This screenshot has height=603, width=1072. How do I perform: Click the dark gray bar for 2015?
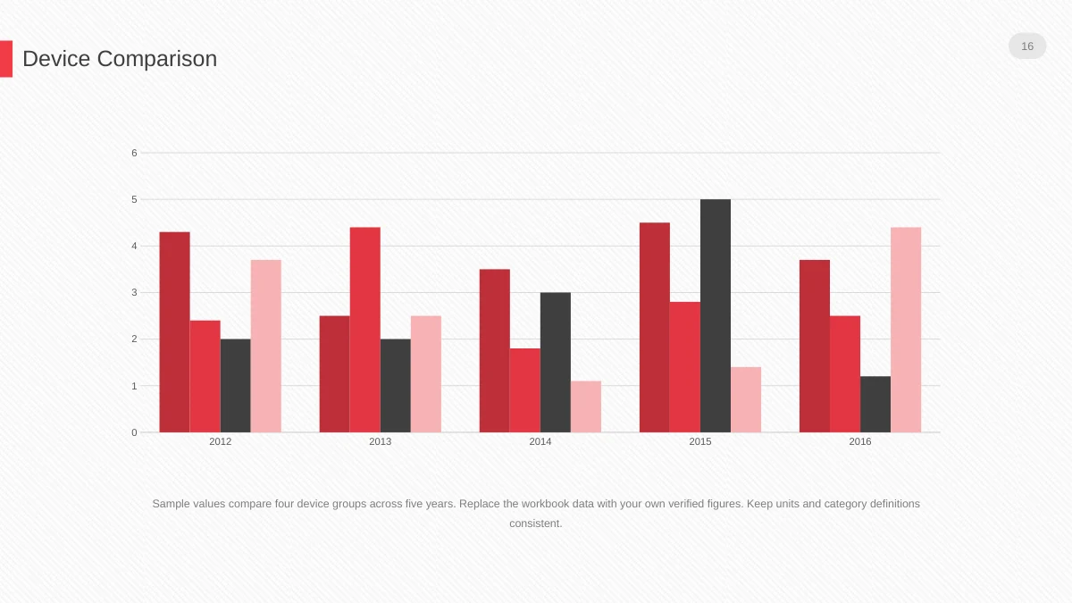pos(716,316)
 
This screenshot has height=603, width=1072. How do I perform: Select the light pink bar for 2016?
pos(906,330)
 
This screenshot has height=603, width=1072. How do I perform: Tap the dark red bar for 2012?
pos(175,332)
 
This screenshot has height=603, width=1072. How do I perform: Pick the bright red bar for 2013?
pos(365,330)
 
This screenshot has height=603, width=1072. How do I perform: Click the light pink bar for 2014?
pos(586,406)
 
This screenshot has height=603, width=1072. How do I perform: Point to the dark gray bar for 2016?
pos(875,405)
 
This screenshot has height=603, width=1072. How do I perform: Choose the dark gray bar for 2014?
pos(556,363)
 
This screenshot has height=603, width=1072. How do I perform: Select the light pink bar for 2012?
pos(266,346)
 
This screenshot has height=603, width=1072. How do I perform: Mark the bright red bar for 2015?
pos(685,367)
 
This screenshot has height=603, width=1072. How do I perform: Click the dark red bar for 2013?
pos(334,374)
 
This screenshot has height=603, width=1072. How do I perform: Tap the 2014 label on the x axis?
pos(540,441)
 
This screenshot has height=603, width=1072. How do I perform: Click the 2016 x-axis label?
pos(860,441)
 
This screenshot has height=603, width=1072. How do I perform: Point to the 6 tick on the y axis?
pos(135,153)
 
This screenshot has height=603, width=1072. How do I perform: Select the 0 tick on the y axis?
pos(135,432)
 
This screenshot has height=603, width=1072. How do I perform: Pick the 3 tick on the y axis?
pos(135,292)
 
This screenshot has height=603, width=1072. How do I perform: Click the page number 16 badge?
pos(1027,46)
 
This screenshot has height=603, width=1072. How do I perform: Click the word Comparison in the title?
pos(157,59)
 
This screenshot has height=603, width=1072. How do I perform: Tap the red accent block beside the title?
pos(6,59)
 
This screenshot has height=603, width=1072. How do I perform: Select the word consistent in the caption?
pos(534,523)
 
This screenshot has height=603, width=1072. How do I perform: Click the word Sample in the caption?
pos(171,504)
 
